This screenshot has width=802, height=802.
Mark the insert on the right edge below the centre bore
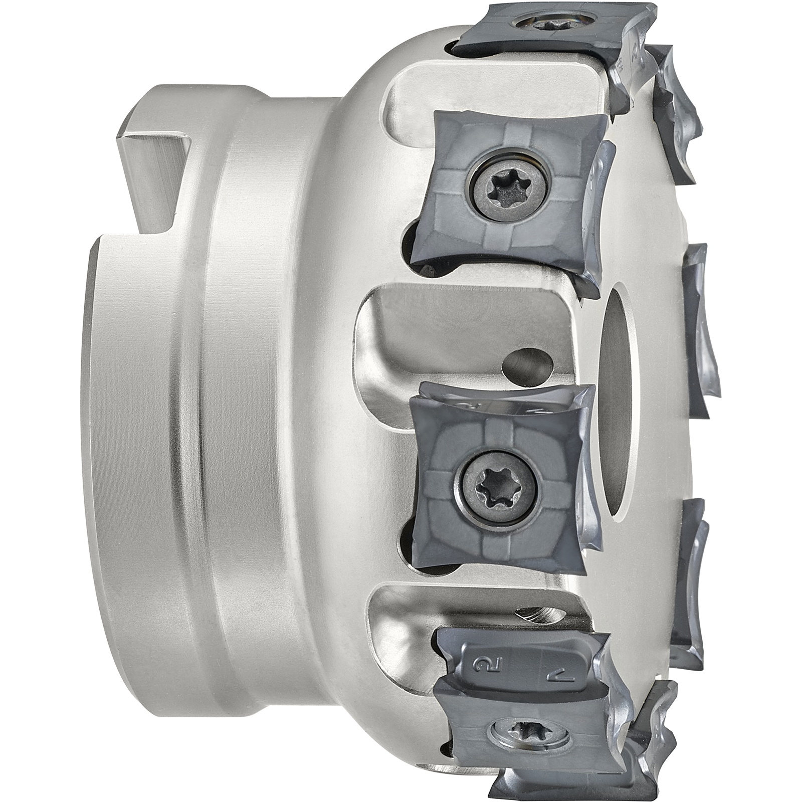[x=692, y=584]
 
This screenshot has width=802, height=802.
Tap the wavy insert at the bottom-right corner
[x=654, y=732]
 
